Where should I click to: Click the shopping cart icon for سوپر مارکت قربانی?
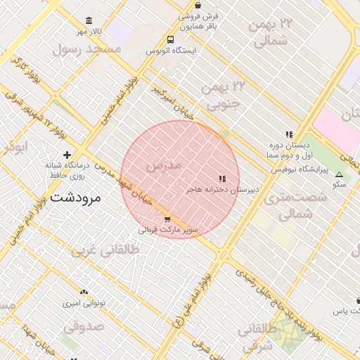167,219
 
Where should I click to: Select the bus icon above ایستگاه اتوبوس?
171,40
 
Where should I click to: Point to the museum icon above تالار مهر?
88,21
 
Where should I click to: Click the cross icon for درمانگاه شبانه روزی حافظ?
67,155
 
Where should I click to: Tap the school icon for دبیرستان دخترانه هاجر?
223,179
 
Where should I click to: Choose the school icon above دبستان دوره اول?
288,134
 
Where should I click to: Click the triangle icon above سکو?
340,174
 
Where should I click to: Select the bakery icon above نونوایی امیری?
84,291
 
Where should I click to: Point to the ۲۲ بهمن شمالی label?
269,32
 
